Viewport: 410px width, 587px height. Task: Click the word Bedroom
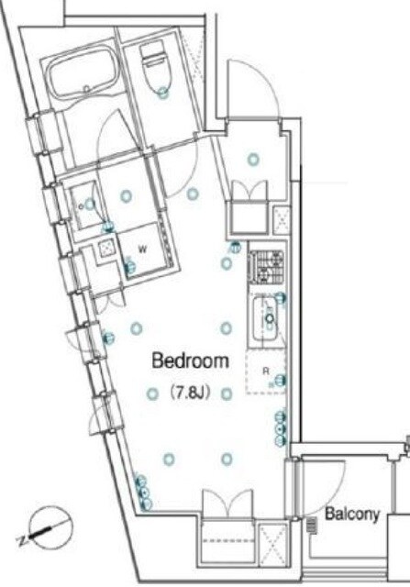point(190,360)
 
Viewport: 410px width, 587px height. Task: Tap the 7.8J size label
point(190,393)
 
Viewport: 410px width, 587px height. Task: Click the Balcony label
point(352,514)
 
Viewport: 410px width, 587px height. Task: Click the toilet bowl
point(156,67)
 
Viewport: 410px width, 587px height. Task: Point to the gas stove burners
point(267,267)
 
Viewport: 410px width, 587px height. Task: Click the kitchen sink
point(266,318)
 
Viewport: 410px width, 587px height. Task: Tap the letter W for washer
point(142,249)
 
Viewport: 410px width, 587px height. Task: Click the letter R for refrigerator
point(266,371)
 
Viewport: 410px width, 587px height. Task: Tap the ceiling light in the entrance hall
point(253,160)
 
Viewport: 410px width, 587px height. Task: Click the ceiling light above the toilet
point(162,92)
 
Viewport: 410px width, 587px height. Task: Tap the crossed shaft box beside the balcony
point(273,544)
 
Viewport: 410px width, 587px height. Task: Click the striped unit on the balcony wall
point(312,525)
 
